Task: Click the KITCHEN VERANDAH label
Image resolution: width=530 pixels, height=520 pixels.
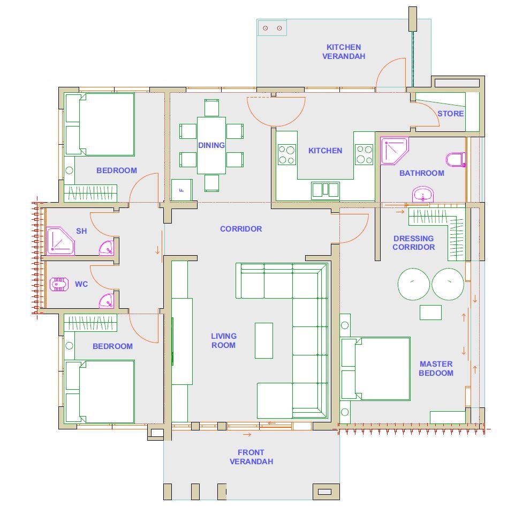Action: tap(343, 52)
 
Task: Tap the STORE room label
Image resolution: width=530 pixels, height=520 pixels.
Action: tap(450, 114)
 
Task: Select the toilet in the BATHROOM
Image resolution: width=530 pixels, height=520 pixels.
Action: tap(455, 159)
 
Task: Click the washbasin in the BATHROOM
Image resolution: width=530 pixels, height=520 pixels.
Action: tap(422, 194)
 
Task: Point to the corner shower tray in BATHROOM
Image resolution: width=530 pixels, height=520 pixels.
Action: tap(394, 151)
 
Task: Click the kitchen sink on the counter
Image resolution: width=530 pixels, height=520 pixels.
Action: tap(325, 190)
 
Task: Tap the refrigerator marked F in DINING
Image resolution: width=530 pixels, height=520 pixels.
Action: tap(181, 190)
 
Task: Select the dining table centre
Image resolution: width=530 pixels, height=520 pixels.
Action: tap(211, 145)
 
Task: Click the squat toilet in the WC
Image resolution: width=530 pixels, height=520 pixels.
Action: tap(59, 284)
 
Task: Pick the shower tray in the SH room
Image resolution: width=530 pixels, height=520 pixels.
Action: tap(60, 241)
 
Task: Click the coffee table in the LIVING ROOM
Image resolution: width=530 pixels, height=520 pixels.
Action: tap(263, 340)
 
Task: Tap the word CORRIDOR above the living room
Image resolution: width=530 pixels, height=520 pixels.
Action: tap(241, 229)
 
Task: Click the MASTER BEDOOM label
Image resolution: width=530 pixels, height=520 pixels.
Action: tap(436, 368)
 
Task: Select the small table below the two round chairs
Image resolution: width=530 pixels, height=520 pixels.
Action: tap(430, 313)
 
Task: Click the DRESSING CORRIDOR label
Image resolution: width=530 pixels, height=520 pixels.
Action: tap(413, 243)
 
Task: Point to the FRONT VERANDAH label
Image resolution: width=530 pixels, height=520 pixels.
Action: tap(251, 457)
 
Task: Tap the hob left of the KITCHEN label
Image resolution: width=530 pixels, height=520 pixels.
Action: tap(286, 155)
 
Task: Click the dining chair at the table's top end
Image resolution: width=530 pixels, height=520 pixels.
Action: tap(211, 108)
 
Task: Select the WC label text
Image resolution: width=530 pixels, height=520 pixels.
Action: tap(81, 284)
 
